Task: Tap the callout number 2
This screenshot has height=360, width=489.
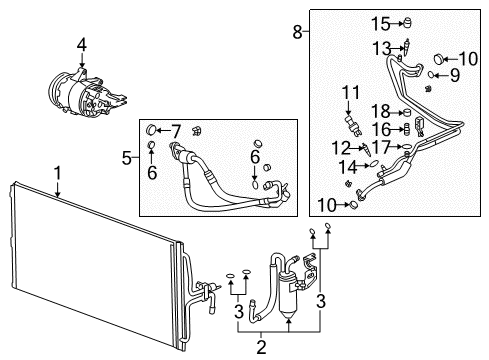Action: tap(262, 348)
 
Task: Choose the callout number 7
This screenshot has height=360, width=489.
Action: tap(176, 130)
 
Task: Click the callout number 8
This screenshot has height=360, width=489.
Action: tap(297, 32)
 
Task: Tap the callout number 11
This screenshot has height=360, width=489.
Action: tap(349, 93)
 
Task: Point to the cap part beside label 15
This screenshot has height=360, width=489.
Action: tap(408, 22)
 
